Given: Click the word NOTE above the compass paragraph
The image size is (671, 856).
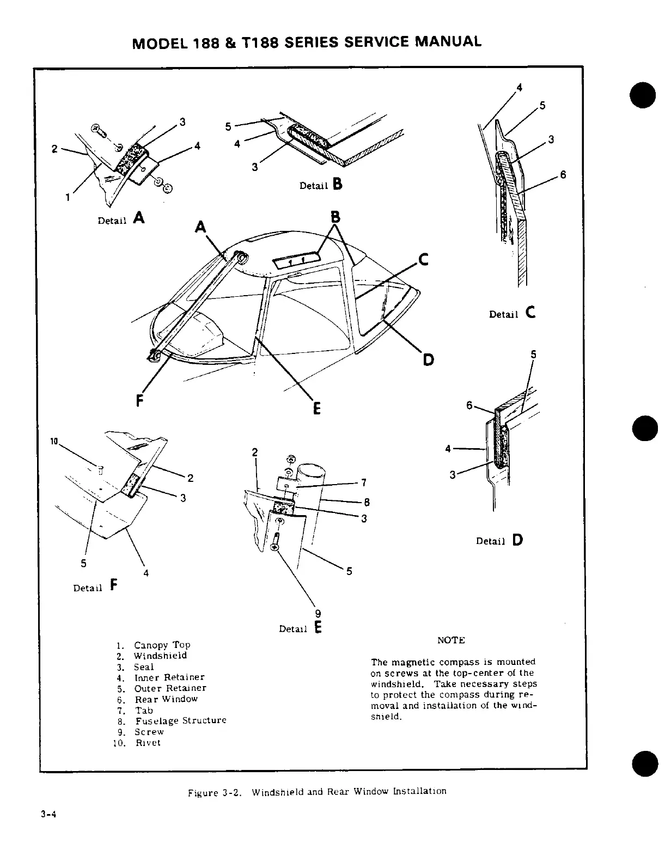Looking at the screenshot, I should click(x=451, y=640).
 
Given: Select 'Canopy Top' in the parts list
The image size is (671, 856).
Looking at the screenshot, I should click(x=162, y=645).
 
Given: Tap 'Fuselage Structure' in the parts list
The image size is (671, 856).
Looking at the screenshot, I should click(x=180, y=720).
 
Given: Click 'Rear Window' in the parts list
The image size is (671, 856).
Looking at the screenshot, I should click(x=166, y=699).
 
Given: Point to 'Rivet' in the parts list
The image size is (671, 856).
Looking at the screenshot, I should click(x=148, y=743).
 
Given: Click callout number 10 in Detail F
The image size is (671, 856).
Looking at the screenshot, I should click(x=54, y=441).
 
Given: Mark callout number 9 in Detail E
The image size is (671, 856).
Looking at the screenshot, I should click(x=318, y=613).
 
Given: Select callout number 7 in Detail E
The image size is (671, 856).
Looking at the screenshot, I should click(x=363, y=482).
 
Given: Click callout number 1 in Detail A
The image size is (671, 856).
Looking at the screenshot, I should click(x=68, y=198).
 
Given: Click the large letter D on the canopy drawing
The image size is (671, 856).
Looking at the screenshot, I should click(x=429, y=359).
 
